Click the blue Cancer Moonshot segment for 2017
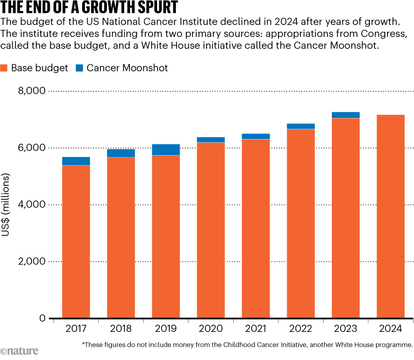[76, 161]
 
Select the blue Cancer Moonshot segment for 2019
[166, 149]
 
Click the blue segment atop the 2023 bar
[346, 115]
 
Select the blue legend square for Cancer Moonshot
[79, 68]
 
